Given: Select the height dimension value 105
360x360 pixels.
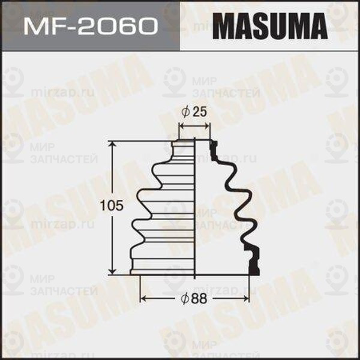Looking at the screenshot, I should [115, 206].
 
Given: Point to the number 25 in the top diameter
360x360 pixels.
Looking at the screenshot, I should [200, 112].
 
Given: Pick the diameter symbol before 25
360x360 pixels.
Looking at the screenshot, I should [187, 112].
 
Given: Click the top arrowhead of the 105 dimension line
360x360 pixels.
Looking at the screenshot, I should [112, 144].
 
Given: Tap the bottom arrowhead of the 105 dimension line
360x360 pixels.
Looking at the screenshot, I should [112, 271].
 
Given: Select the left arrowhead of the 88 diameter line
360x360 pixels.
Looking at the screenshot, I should [142, 298].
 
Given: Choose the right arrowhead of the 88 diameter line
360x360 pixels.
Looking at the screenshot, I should [248, 298].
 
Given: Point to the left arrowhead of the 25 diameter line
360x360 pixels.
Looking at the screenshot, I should [182, 126].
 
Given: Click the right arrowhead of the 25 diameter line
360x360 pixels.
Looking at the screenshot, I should [209, 126].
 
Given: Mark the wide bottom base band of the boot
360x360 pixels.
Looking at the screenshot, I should [162, 267].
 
